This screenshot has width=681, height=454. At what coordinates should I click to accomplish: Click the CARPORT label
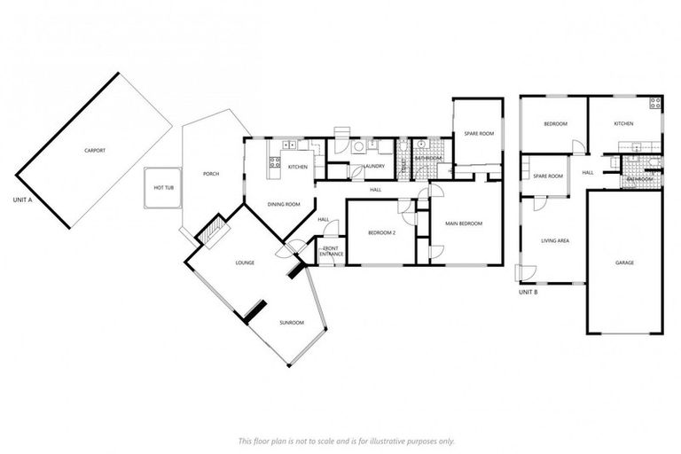[x=95, y=151]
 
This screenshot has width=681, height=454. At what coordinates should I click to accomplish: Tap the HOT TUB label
[x=164, y=188]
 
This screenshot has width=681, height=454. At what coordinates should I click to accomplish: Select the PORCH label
[x=211, y=174]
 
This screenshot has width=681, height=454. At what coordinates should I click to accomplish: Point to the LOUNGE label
[x=246, y=263]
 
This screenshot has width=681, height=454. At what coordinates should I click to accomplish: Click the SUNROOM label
[x=292, y=323]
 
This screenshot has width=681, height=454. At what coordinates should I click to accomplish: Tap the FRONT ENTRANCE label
[x=332, y=252]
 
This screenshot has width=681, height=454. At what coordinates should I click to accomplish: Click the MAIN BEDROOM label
[x=465, y=223]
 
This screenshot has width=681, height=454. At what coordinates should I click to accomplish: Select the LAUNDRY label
[x=372, y=167]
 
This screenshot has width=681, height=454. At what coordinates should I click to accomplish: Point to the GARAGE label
[x=624, y=262]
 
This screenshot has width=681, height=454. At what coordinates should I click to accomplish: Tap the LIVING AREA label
[x=555, y=239]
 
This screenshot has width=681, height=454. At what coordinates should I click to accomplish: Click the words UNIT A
[x=23, y=200]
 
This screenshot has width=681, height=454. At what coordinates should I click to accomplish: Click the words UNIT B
[x=528, y=291]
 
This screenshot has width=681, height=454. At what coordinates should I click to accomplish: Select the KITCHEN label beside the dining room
[x=298, y=167]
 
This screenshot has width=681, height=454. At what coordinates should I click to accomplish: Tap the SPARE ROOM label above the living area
[x=548, y=176]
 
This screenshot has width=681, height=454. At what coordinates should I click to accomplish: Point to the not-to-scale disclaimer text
[x=347, y=441]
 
